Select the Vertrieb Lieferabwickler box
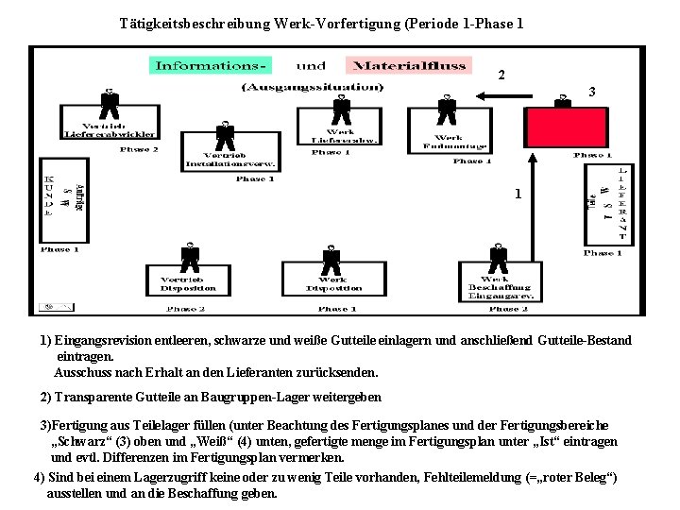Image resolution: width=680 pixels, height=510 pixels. coord(110,128)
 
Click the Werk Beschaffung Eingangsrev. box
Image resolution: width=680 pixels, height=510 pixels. coord(496,285)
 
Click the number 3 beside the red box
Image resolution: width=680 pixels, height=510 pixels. coord(590,93)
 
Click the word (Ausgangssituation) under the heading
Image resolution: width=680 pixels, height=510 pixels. coord(313,88)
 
